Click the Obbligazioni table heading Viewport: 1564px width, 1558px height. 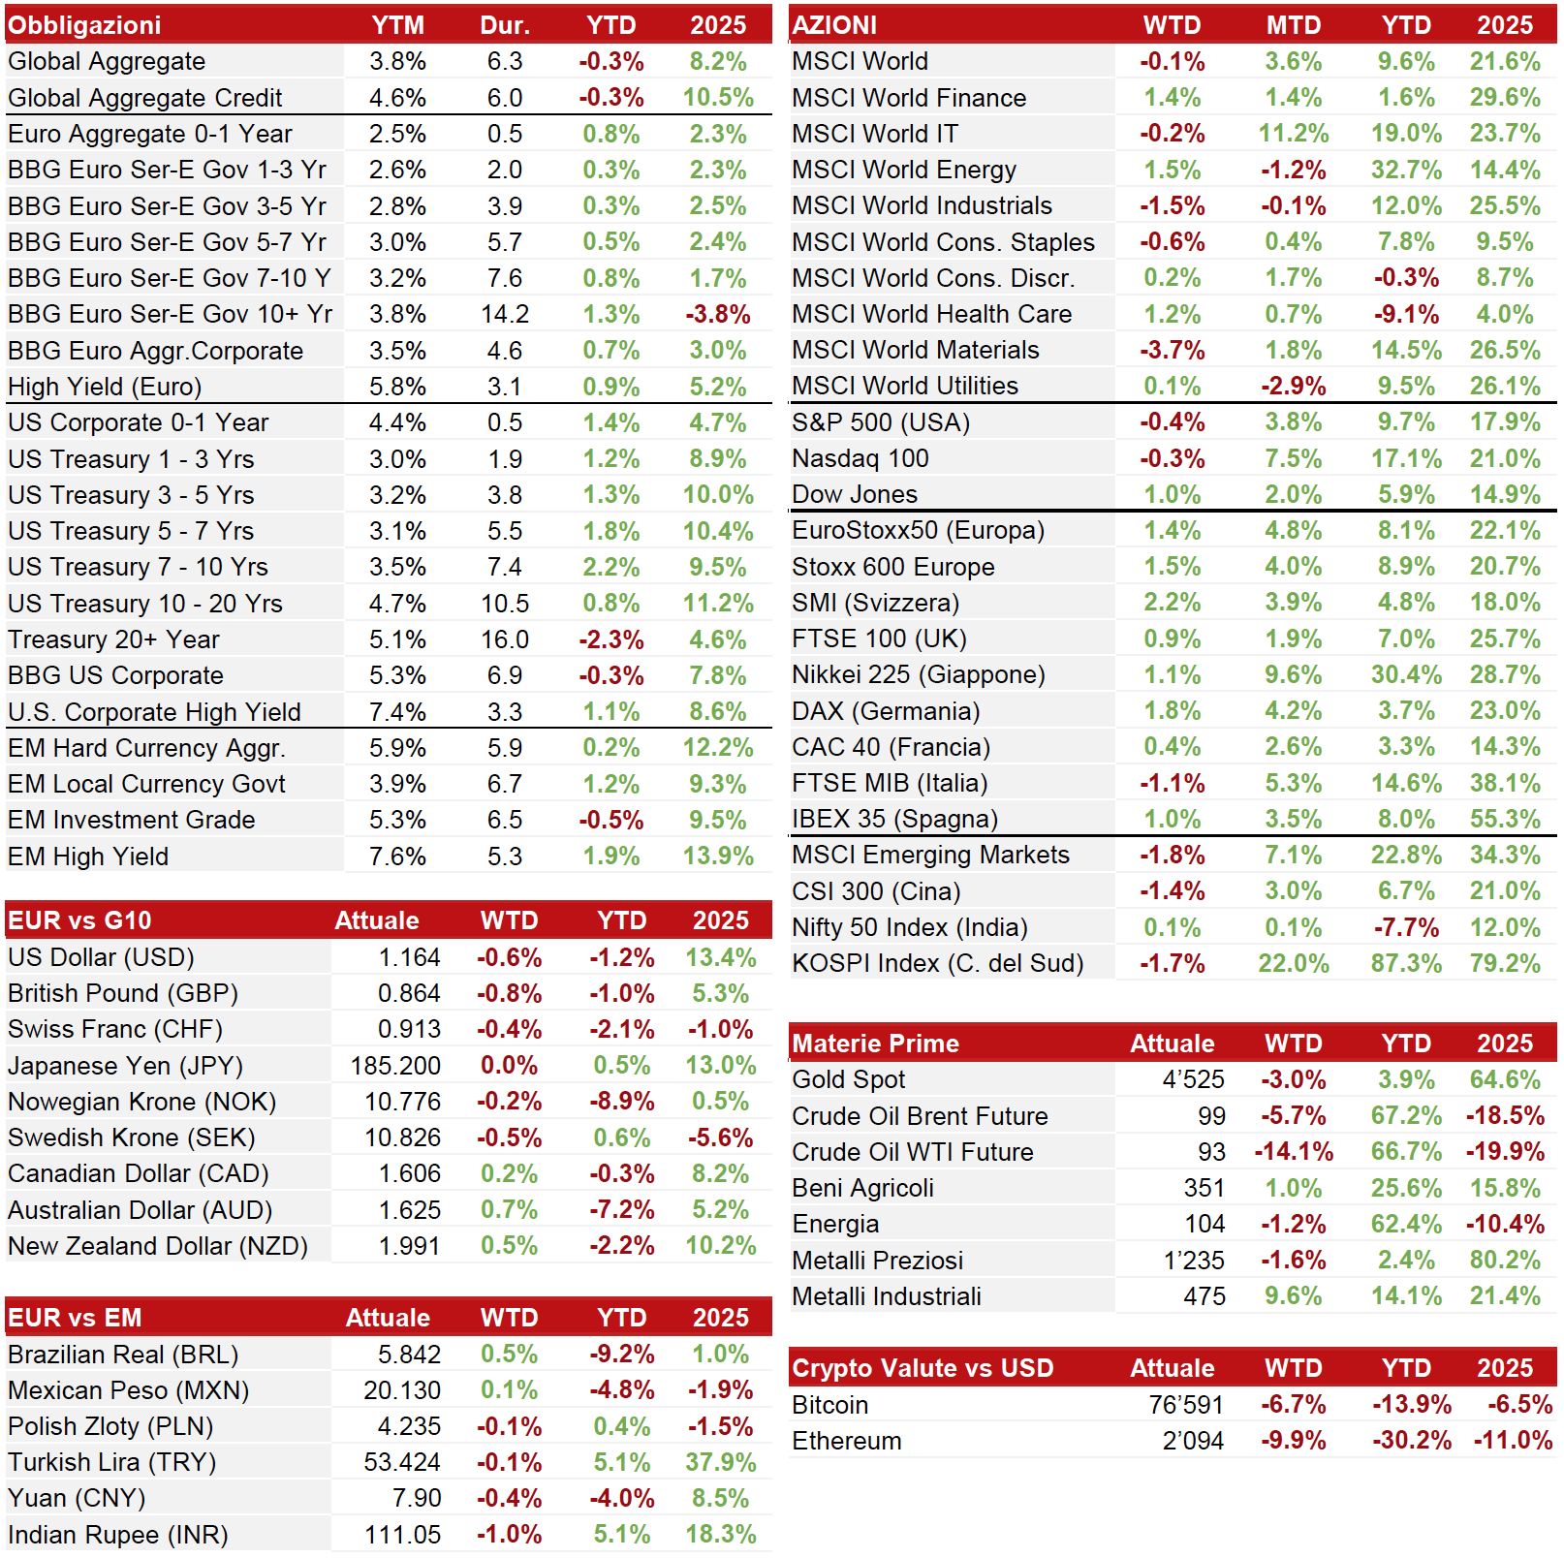point(84,25)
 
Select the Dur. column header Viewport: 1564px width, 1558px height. point(505,25)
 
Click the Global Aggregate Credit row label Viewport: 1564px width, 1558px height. point(145,98)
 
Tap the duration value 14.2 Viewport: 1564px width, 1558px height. point(505,315)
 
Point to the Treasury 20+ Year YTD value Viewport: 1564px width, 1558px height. point(611,640)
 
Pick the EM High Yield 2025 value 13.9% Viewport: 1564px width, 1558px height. point(718,857)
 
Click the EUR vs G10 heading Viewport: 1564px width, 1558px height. point(79,920)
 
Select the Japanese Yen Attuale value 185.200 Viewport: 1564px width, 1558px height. point(395,1066)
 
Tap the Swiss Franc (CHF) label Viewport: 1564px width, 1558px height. point(115,1029)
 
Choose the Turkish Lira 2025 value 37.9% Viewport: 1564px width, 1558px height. point(721,1462)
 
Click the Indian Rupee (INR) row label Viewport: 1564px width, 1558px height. point(118,1535)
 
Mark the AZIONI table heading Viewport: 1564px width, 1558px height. point(834,25)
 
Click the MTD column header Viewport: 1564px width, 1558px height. point(1294,25)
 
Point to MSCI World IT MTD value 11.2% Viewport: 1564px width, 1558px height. point(1294,134)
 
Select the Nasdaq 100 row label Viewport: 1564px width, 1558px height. point(860,458)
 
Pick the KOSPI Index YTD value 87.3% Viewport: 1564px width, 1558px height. point(1406,964)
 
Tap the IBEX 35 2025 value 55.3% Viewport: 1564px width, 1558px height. point(1505,820)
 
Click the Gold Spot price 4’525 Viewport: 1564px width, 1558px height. point(1194,1079)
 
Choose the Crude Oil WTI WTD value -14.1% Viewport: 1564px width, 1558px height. point(1294,1152)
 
